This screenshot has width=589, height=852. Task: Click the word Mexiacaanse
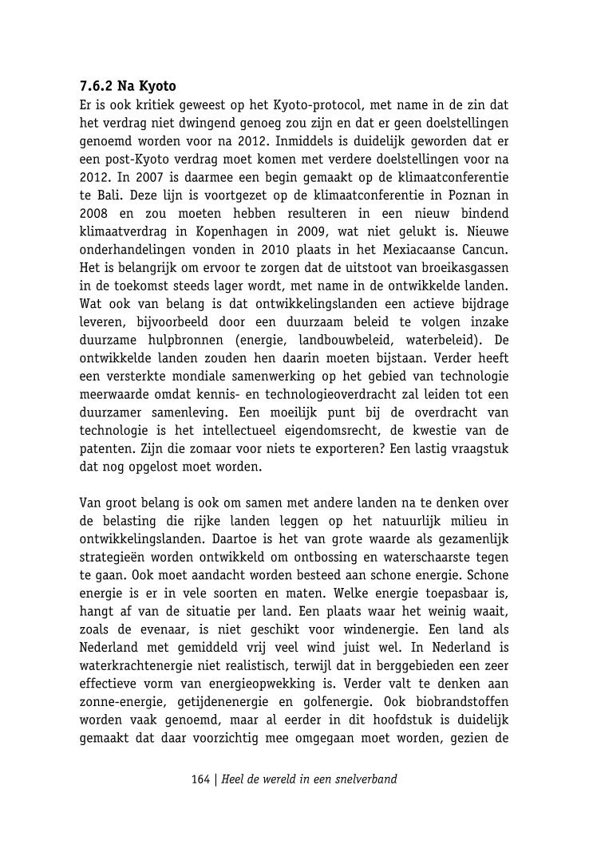pos(417,250)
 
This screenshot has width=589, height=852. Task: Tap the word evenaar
pos(162,629)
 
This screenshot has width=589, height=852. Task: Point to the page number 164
pos(200,779)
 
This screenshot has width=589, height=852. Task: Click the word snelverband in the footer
pos(365,779)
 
